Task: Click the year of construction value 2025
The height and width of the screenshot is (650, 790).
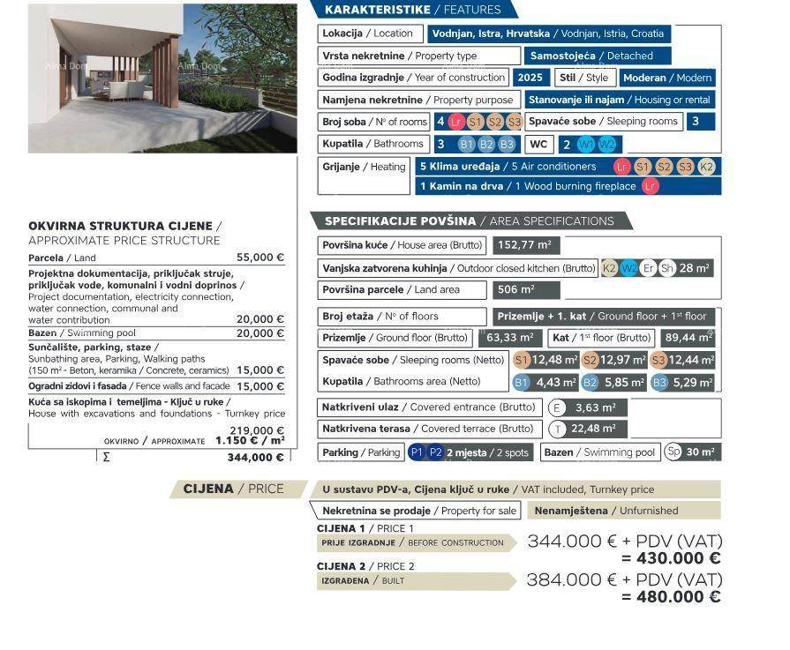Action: click(x=530, y=78)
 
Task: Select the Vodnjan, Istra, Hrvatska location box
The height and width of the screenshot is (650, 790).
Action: click(x=548, y=34)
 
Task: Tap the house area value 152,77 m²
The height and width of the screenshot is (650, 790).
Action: click(x=524, y=245)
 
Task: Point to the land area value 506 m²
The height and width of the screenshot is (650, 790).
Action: click(x=525, y=289)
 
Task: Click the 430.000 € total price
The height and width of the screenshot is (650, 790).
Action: click(x=671, y=558)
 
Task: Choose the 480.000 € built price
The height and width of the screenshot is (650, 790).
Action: click(x=671, y=597)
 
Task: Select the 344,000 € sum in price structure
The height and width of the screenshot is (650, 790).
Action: click(x=255, y=457)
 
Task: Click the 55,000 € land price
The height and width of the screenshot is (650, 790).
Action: click(x=260, y=258)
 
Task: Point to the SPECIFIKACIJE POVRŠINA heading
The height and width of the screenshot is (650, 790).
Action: click(x=469, y=221)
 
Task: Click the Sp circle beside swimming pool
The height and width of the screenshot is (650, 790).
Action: click(x=673, y=452)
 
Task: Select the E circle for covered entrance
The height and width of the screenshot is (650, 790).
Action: click(x=557, y=407)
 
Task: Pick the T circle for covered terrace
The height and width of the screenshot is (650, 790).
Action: click(x=557, y=429)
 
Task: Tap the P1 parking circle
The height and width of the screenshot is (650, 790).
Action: click(x=418, y=452)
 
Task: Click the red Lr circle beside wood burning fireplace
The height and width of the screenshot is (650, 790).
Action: click(x=651, y=186)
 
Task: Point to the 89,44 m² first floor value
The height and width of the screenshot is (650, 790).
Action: click(x=687, y=338)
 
